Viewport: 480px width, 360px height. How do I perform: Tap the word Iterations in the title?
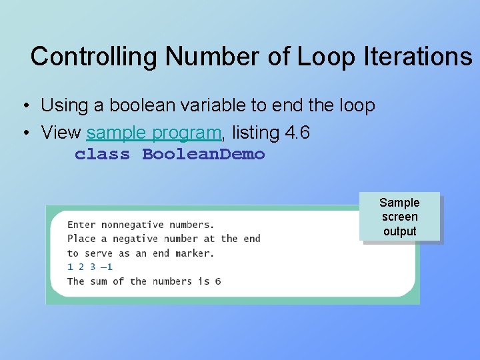click(418, 57)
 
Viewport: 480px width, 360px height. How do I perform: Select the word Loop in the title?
click(327, 57)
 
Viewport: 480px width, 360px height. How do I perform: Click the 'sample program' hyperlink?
click(153, 133)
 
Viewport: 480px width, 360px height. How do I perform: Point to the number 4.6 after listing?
click(297, 133)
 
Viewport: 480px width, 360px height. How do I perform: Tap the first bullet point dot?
click(24, 106)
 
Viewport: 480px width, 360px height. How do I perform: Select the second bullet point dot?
click(24, 133)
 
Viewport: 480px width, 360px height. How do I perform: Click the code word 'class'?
click(102, 155)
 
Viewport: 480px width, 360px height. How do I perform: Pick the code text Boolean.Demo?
click(204, 155)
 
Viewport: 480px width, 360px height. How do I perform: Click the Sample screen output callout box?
click(399, 217)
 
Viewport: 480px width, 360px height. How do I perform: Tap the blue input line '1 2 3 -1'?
click(90, 267)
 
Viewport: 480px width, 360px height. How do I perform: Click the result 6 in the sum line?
click(217, 281)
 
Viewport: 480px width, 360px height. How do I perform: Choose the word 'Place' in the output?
click(81, 239)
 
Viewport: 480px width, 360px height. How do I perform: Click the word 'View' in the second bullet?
click(61, 133)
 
